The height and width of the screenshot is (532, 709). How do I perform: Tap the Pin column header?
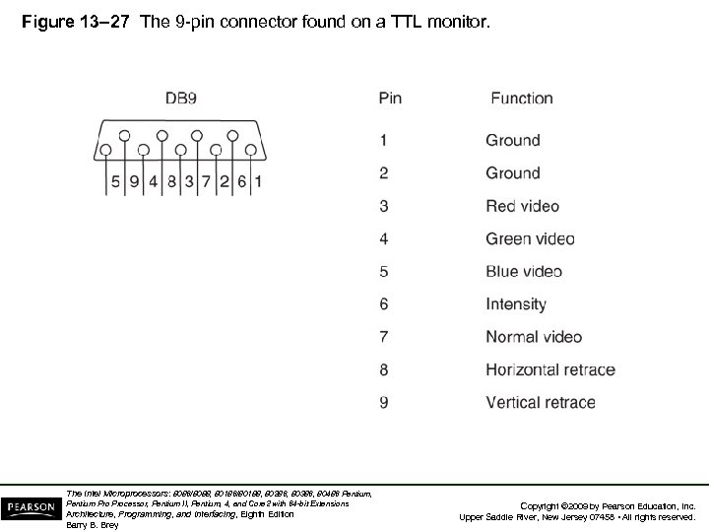[x=390, y=98]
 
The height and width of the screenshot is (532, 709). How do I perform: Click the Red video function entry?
[x=522, y=206]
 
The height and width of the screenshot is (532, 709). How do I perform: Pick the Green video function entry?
[x=529, y=238]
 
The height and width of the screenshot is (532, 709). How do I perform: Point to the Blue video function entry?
[x=524, y=272]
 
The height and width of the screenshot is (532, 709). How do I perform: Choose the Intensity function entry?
[x=516, y=304]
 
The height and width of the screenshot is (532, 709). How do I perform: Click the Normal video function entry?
[x=532, y=337]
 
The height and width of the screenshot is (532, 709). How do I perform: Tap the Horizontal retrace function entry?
[x=550, y=370]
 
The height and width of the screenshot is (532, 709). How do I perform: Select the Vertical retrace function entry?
[x=541, y=403]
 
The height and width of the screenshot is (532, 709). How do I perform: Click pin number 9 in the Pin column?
[x=384, y=403]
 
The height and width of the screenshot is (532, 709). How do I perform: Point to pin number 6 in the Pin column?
[x=384, y=304]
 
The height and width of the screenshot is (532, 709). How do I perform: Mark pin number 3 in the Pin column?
[x=384, y=206]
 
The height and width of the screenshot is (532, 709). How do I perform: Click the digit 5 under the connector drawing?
[x=115, y=181]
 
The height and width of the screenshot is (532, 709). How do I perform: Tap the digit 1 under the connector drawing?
[x=257, y=181]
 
